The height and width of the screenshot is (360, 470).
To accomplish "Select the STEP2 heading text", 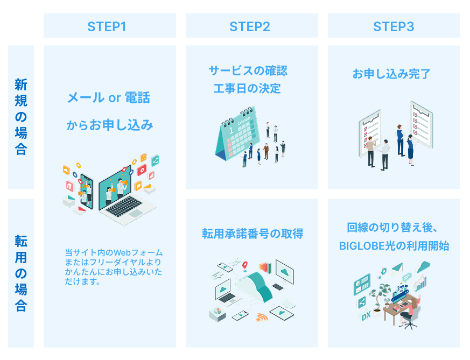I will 249,26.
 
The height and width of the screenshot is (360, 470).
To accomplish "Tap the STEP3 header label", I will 394,26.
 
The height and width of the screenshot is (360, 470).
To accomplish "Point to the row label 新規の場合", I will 21,117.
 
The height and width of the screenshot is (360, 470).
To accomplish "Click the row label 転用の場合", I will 21,273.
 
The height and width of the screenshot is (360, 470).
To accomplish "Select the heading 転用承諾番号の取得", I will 252,234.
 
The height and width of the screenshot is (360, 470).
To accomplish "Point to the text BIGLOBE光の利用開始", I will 394,246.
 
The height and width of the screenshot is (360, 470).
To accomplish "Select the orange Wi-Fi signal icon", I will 262,317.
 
